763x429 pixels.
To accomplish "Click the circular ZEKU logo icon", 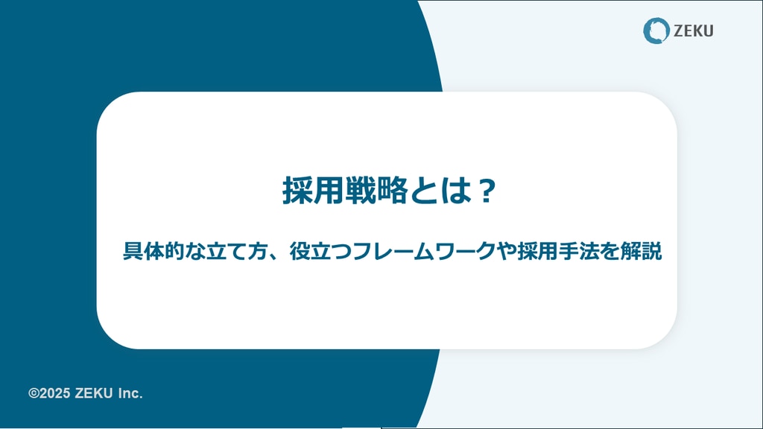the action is pos(656,31).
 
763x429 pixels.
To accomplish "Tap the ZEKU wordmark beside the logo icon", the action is pos(694,31).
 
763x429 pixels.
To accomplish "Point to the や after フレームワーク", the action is pos(507,251).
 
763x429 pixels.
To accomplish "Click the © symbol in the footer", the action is pos(34,393).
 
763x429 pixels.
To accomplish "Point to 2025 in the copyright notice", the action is pos(54,393).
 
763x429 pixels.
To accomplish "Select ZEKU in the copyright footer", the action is pos(93,393).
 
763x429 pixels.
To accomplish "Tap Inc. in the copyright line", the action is pos(130,393).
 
